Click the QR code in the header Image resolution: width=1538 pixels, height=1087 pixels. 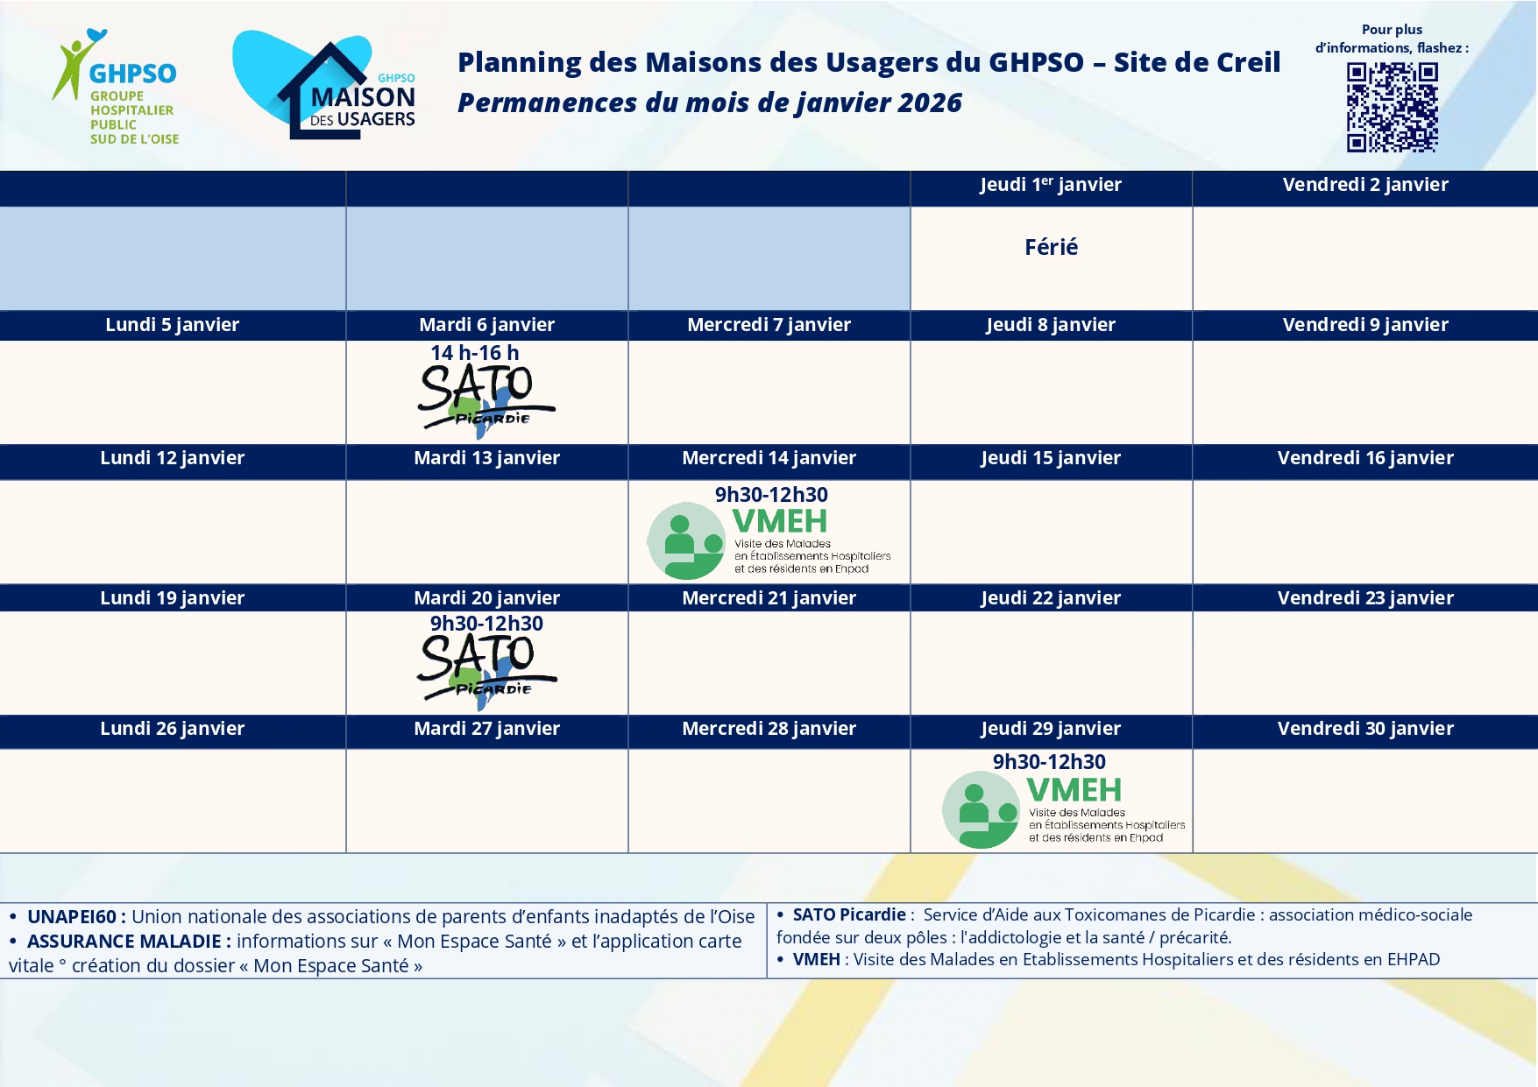point(1392,107)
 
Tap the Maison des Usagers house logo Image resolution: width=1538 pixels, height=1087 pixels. point(324,85)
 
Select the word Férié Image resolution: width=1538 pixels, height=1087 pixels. point(1051,247)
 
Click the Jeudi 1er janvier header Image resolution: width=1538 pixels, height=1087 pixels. point(1051,185)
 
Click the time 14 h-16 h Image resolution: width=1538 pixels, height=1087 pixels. point(475,352)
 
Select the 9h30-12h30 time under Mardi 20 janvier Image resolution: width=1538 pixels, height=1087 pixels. point(486,623)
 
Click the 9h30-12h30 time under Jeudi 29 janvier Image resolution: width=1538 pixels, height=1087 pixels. point(1049,761)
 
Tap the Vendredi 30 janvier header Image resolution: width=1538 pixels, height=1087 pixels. point(1365,729)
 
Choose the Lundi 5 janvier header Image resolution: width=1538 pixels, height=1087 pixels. point(173,325)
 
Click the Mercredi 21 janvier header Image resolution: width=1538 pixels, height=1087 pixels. point(769,598)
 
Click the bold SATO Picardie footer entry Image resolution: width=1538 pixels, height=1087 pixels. point(849,914)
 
